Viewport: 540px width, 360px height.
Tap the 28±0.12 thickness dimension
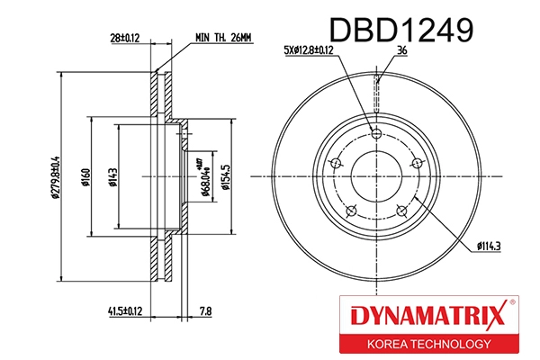(123, 39)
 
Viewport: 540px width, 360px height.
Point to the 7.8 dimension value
(205, 312)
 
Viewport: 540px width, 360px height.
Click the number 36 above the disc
(402, 52)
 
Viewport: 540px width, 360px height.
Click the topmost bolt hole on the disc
(377, 134)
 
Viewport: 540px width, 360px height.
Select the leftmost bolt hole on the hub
(337, 163)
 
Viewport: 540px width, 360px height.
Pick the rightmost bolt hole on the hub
(417, 163)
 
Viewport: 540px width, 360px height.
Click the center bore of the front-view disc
(377, 175)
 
